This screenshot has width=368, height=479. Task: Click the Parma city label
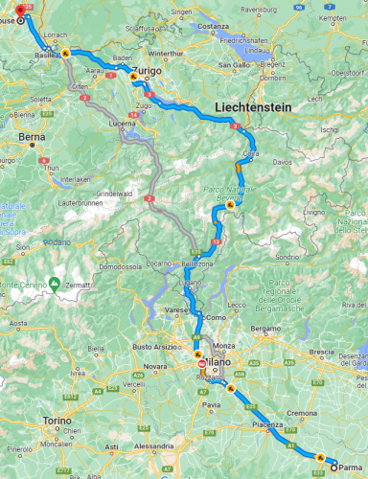pyautogui.click(x=352, y=468)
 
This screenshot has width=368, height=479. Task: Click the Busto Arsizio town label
pyautogui.click(x=153, y=346)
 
